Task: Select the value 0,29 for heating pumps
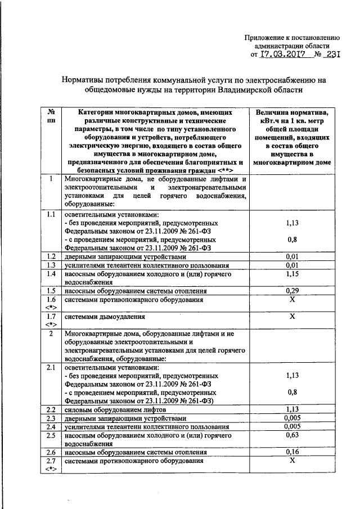click(x=292, y=291)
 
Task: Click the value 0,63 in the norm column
click(x=292, y=434)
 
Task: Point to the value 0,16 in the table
click(x=292, y=452)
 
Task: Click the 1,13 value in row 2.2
click(x=292, y=408)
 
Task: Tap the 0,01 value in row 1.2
click(x=292, y=256)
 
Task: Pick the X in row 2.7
click(x=292, y=461)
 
